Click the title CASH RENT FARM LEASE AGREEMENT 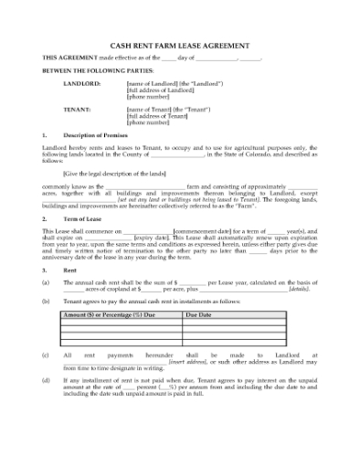(x=179, y=43)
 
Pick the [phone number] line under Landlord (x=150, y=96)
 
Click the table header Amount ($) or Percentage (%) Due (x=111, y=313)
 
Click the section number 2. (x=44, y=219)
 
